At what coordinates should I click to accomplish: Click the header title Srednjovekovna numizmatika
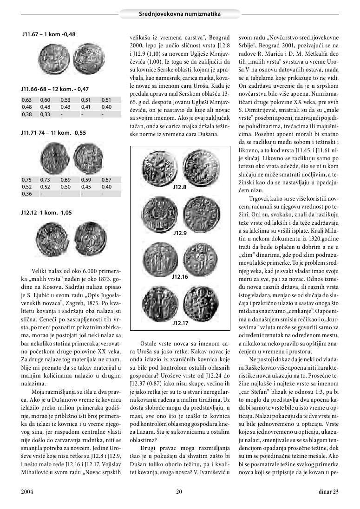click(x=180, y=14)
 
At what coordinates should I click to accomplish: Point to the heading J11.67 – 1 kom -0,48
click(x=49, y=34)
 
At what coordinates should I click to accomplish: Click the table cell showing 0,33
click(x=46, y=114)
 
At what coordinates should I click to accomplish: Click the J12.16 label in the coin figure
click(x=180, y=276)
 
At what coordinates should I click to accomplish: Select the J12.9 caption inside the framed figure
click(x=180, y=232)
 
